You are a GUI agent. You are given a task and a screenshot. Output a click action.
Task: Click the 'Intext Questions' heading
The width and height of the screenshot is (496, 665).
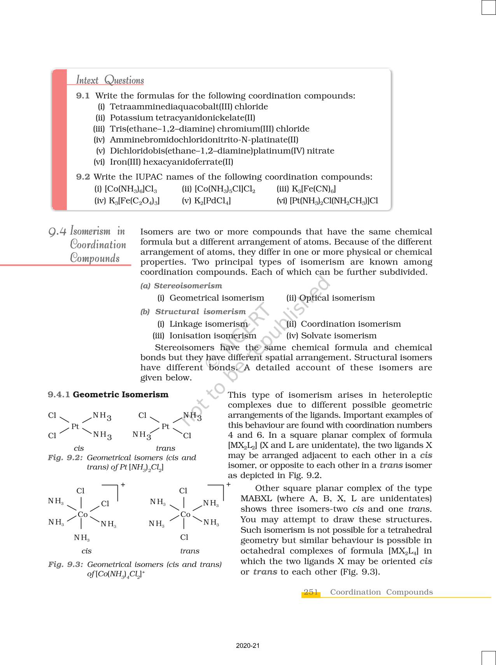110,80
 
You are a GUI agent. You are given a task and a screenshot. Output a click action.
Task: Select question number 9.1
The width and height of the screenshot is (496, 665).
83,96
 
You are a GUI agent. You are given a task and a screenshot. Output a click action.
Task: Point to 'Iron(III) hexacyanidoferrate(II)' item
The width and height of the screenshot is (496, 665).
171,162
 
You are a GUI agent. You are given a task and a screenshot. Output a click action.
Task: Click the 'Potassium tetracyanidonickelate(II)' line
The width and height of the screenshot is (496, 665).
182,118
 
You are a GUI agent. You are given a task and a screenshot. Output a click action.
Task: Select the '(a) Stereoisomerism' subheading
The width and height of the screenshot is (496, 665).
181,286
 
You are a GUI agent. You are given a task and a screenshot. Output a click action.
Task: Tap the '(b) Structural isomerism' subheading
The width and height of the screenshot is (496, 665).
193,312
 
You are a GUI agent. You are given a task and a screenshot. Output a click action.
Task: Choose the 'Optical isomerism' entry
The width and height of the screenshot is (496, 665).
337,298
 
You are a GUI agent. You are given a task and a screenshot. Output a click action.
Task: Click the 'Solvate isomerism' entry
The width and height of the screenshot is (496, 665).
338,335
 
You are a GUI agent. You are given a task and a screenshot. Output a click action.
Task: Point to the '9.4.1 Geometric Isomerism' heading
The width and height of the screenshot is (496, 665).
108,395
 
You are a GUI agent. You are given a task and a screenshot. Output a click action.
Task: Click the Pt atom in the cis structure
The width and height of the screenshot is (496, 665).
75,426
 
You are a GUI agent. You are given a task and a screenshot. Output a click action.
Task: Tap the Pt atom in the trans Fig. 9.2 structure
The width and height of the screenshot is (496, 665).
165,426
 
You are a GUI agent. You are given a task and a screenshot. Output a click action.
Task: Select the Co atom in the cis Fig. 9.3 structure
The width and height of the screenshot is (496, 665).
82,514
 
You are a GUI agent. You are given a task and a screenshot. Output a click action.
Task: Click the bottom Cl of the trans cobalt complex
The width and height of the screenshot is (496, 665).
184,537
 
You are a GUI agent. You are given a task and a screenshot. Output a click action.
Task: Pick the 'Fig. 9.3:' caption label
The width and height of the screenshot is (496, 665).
65,564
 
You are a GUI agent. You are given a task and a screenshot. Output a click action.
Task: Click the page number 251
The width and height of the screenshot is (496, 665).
311,592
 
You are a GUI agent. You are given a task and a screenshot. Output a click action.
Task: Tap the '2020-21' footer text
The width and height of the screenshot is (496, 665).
248,646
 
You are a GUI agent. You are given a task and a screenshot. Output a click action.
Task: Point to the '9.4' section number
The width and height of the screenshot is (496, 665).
58,232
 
